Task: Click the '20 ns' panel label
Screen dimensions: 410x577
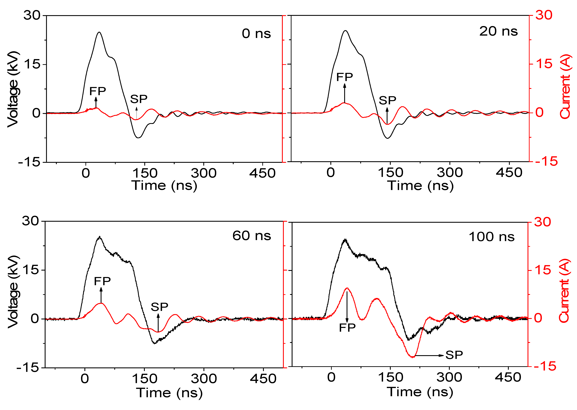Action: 498,31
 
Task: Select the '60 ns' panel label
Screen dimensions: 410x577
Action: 251,236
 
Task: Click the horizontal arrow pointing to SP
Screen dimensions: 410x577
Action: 429,356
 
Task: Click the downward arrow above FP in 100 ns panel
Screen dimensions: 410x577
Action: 347,307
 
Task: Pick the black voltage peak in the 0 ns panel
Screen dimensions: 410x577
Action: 99,32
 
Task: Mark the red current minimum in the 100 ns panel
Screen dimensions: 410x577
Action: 413,357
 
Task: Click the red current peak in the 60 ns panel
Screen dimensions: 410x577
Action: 101,303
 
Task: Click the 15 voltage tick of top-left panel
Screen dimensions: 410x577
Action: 32,64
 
